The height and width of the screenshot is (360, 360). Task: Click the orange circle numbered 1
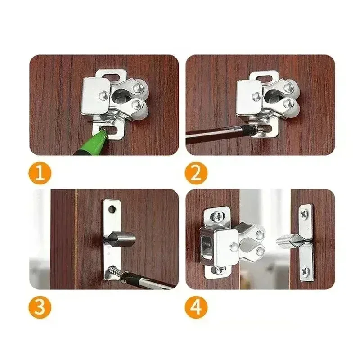click(40, 174)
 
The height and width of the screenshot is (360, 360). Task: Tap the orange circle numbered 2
click(196, 174)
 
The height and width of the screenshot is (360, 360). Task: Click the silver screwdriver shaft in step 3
click(148, 281)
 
